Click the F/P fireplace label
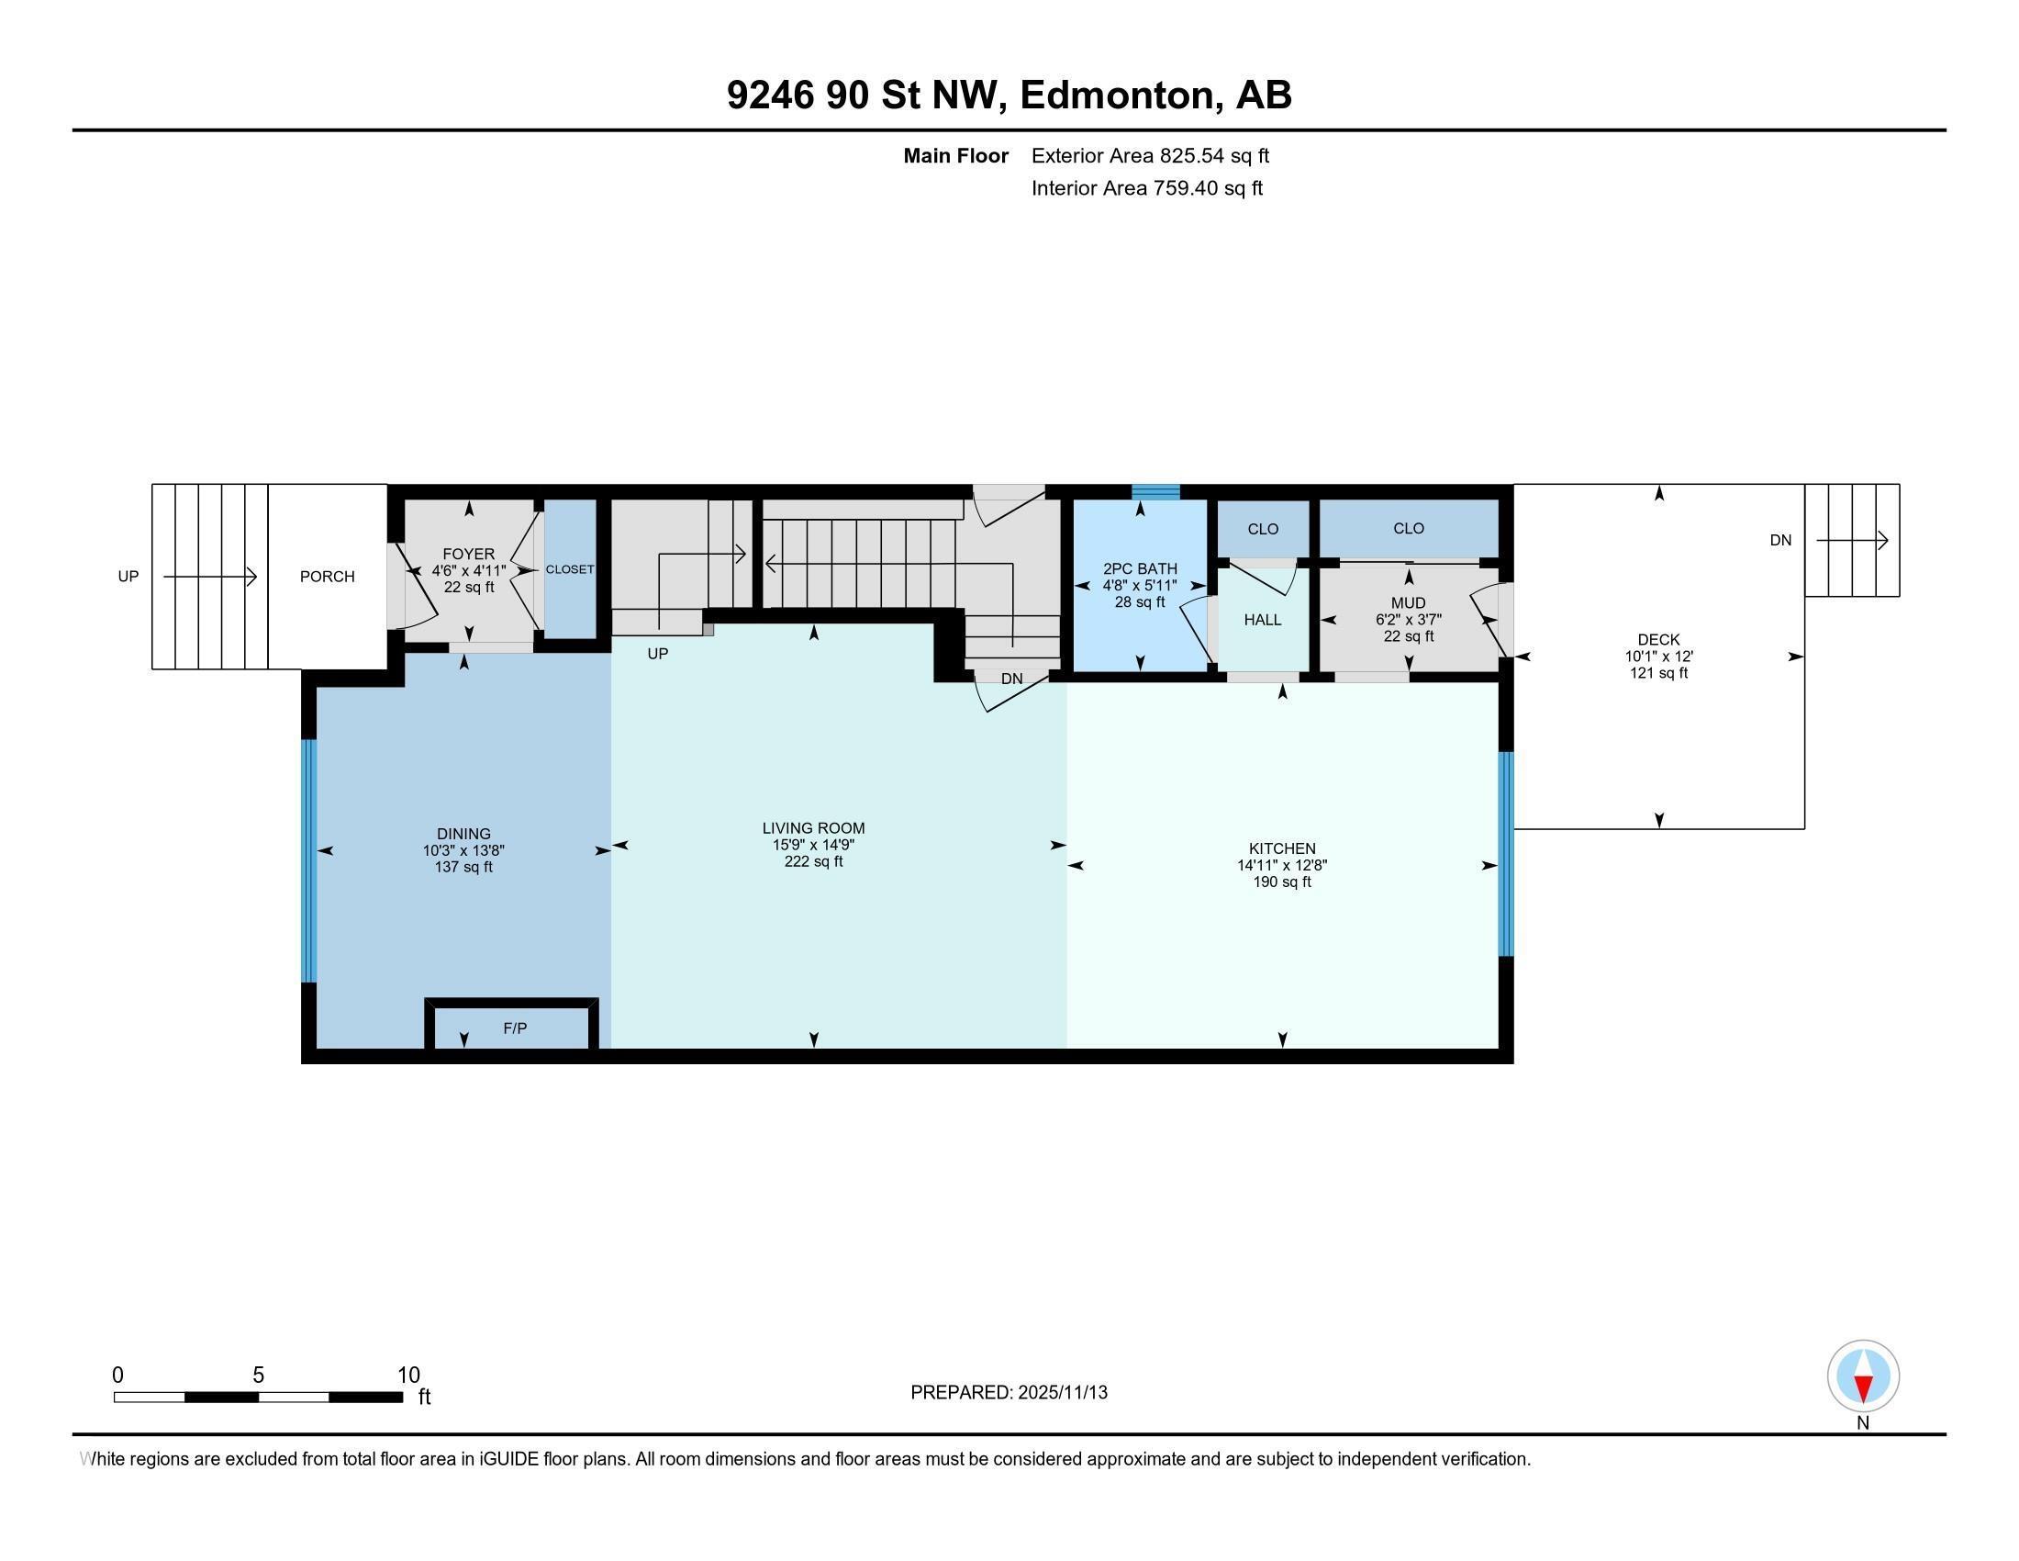click(x=515, y=1028)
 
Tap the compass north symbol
click(x=1863, y=1376)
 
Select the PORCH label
click(x=328, y=576)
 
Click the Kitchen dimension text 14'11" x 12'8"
click(x=1282, y=866)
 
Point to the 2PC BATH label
click(x=1140, y=568)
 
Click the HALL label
click(x=1262, y=620)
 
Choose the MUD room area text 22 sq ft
click(x=1408, y=636)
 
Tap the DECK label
click(x=1658, y=639)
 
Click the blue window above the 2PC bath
click(x=1155, y=492)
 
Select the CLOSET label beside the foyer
click(x=570, y=569)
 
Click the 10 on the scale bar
click(x=408, y=1376)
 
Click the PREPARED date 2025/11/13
click(x=1062, y=1393)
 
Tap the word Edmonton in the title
click(x=1117, y=95)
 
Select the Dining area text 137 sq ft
click(x=463, y=868)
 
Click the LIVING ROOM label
click(x=813, y=828)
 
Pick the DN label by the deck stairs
click(x=1780, y=540)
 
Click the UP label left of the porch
click(x=128, y=576)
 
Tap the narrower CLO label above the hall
click(x=1263, y=529)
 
